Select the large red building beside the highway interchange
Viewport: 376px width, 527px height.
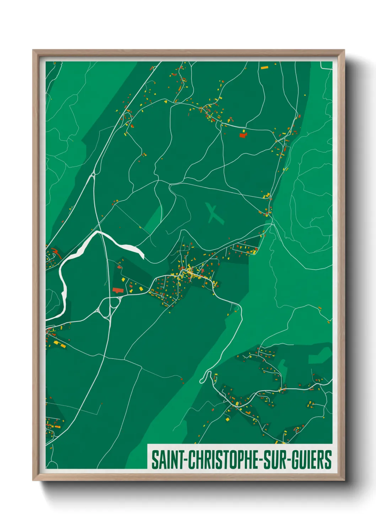coord(118,290)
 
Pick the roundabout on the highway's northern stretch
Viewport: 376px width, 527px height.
coord(93,174)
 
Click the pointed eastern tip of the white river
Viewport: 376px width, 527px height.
coord(143,257)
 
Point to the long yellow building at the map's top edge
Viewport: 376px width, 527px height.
coord(264,67)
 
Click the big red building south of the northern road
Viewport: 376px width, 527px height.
coord(243,135)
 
